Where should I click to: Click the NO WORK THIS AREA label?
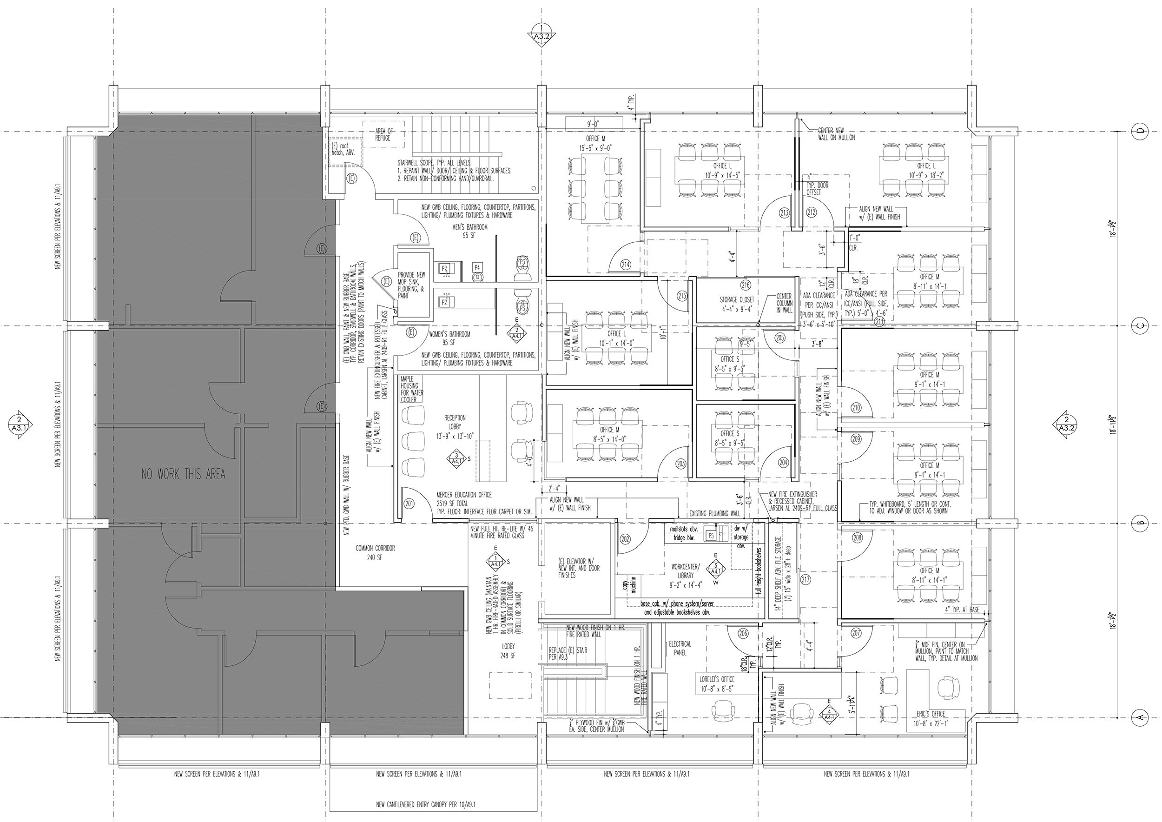tap(183, 474)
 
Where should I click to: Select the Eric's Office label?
tap(931, 717)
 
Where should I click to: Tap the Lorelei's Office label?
tap(717, 683)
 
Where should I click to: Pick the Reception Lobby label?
tap(455, 427)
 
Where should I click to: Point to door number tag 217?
tap(805, 580)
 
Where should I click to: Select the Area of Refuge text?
tap(383, 134)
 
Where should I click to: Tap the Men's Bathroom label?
tap(469, 231)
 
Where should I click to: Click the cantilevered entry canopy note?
tap(426, 804)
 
